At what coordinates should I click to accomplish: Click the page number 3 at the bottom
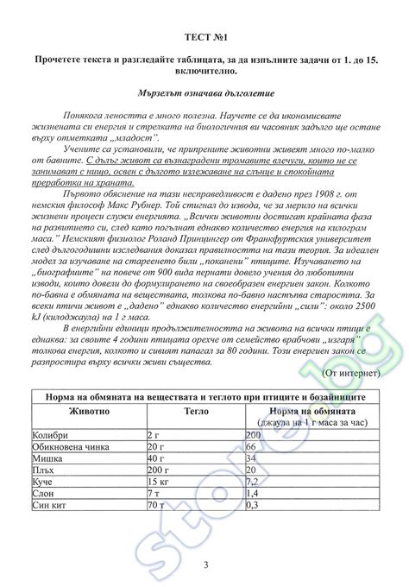coord(205,565)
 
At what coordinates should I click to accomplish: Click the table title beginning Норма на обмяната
coord(204,395)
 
